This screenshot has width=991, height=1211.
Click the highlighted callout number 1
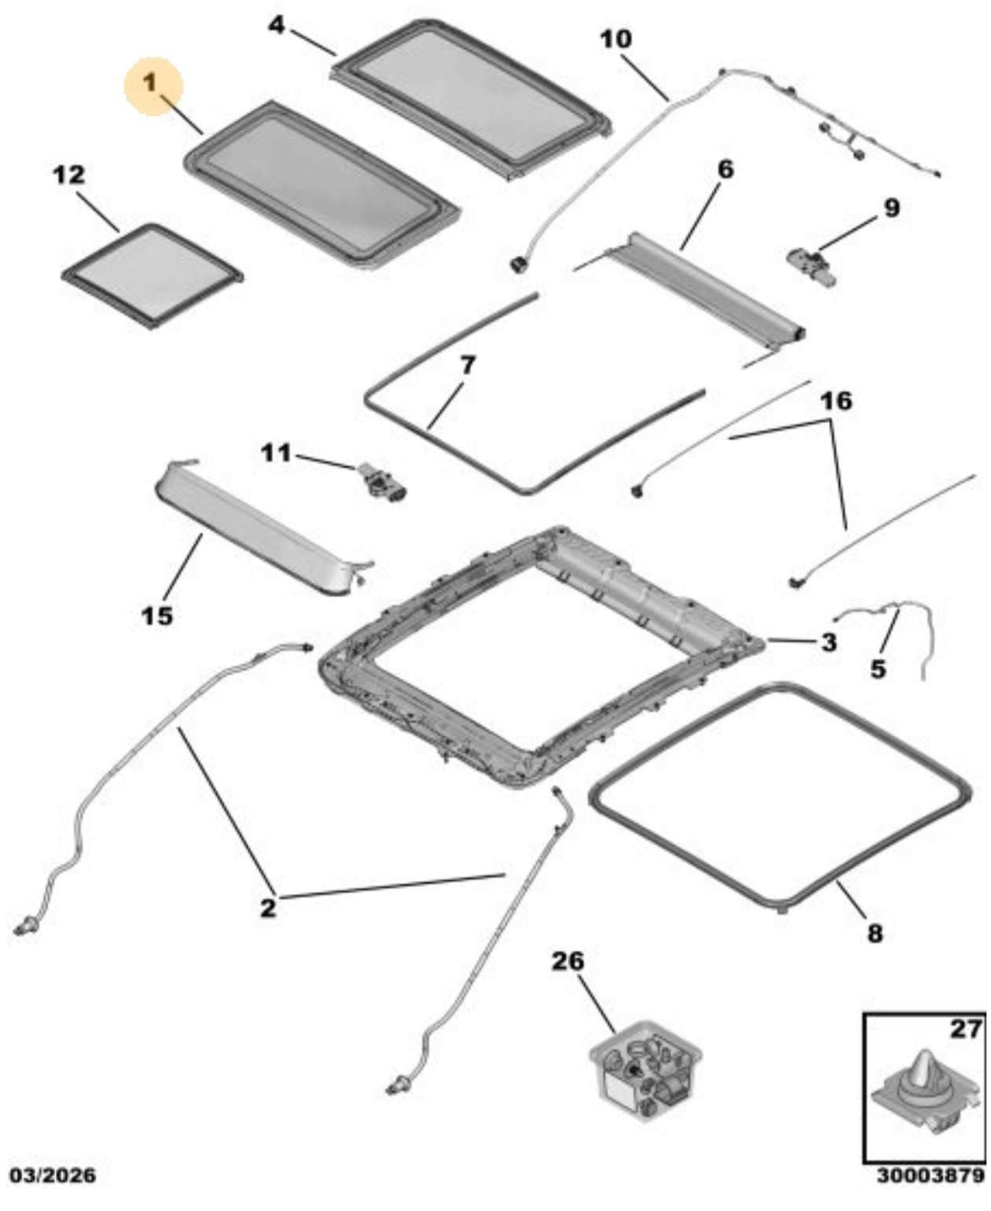[152, 83]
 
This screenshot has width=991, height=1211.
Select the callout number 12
[69, 175]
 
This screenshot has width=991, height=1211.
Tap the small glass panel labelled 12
[151, 274]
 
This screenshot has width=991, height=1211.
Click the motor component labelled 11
[384, 482]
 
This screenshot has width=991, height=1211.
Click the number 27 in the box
[965, 1029]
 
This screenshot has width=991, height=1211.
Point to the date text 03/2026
[52, 1176]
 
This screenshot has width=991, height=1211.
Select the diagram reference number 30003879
[930, 1176]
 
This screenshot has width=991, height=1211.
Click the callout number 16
[835, 401]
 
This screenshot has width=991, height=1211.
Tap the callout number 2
[268, 907]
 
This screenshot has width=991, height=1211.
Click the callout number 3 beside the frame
[828, 642]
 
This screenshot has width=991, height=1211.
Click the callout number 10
[615, 39]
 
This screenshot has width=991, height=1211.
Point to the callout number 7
[468, 365]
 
